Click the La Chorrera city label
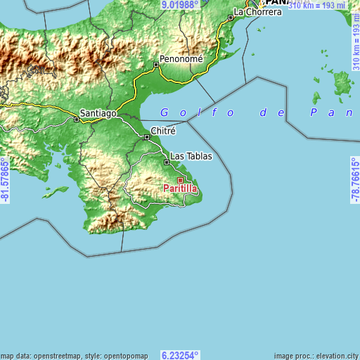(257, 12)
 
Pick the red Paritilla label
(180, 188)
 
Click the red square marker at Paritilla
(180, 181)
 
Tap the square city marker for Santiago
(77, 120)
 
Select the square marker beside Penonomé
(156, 65)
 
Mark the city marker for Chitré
(147, 137)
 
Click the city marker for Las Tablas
(167, 162)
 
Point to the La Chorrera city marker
(231, 17)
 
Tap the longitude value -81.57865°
(5, 179)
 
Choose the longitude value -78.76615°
(354, 179)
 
